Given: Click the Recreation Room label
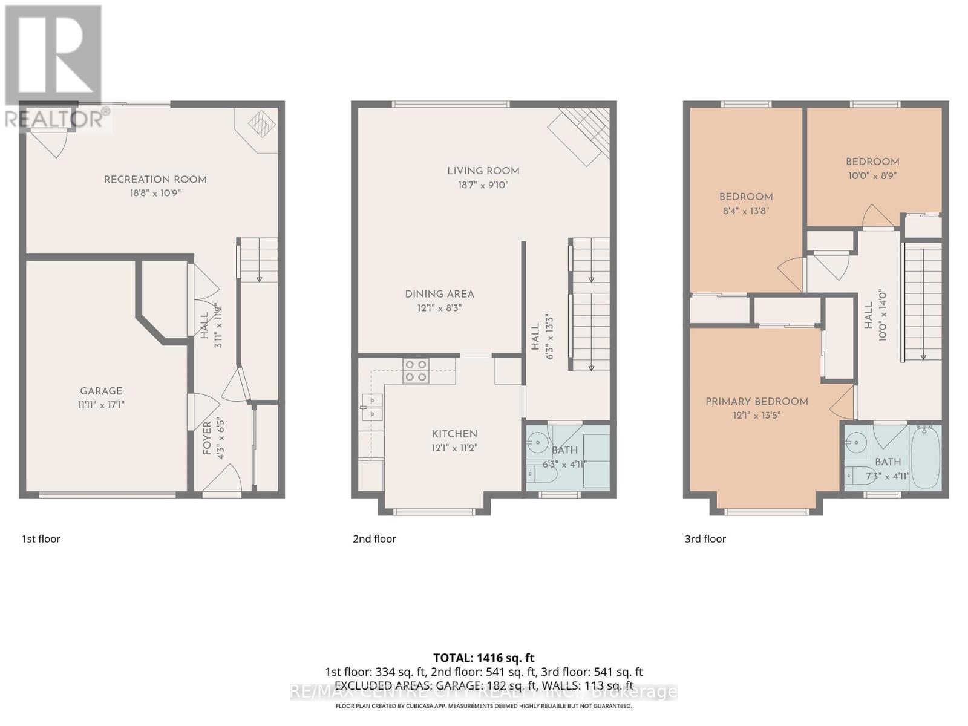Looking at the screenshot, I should (155, 180).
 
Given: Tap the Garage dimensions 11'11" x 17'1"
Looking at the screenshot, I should (101, 405).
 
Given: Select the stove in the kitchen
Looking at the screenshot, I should (416, 370).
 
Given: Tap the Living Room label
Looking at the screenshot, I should (483, 171).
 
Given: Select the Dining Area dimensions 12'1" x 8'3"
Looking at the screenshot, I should (439, 308).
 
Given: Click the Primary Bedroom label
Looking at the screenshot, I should (756, 401).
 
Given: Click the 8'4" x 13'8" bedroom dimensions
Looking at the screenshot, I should (745, 211).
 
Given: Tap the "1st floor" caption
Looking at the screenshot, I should (41, 539).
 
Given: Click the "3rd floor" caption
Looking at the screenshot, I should (705, 539).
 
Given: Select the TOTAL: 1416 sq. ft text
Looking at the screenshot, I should (483, 658).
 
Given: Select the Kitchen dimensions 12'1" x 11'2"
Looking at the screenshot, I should (454, 448).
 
